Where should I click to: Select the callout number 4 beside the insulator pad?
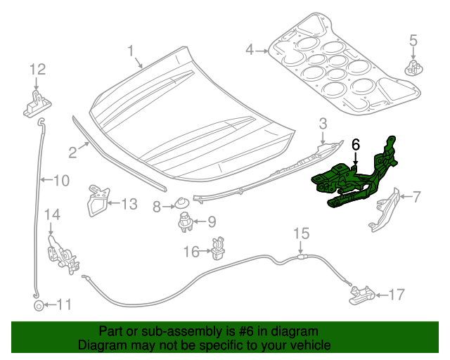click(250, 50)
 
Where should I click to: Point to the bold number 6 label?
click(356, 143)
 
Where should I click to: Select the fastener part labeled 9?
click(184, 223)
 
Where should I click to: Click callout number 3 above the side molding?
click(323, 124)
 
